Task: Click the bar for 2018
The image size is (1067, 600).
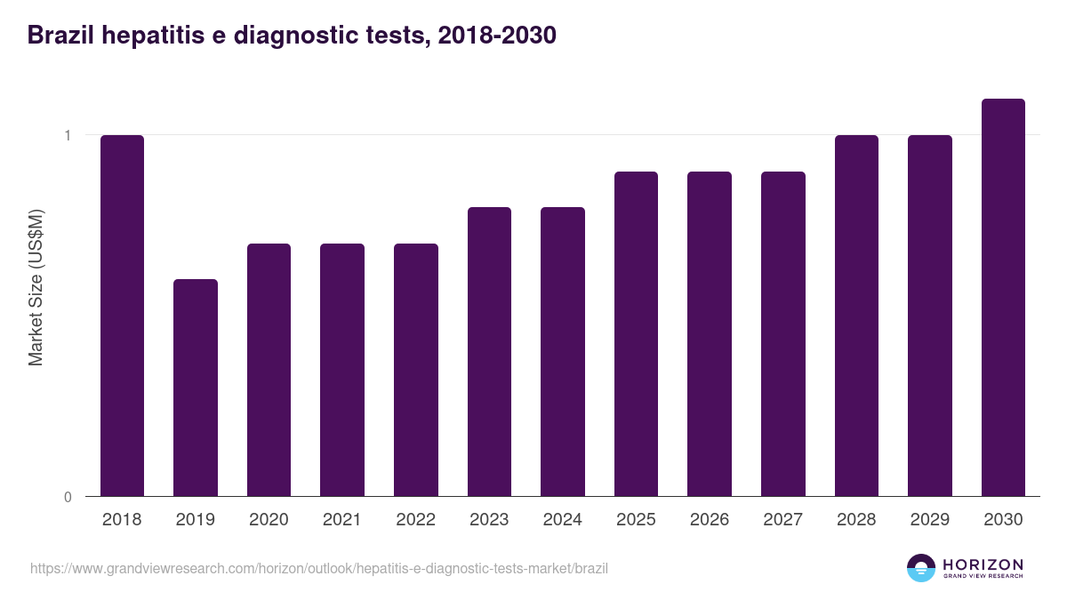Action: click(x=122, y=316)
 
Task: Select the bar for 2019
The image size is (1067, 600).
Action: click(x=196, y=388)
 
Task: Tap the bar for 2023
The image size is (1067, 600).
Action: click(x=489, y=351)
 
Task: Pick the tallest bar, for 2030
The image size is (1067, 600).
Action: click(x=1003, y=297)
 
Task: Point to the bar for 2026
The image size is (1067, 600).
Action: click(x=710, y=333)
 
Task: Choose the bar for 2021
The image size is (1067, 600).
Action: click(x=342, y=370)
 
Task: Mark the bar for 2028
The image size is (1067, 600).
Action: click(x=856, y=316)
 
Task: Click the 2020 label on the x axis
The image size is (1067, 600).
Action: click(x=269, y=520)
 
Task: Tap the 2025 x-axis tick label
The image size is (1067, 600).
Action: click(x=636, y=520)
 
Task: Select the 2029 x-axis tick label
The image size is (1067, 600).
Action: click(x=929, y=520)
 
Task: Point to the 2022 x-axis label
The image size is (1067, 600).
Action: click(x=415, y=520)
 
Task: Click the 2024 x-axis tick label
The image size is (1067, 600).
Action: click(x=562, y=520)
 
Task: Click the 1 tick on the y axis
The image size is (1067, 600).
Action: click(x=67, y=135)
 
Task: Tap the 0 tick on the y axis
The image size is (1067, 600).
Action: click(x=68, y=497)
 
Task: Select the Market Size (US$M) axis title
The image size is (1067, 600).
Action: click(x=36, y=287)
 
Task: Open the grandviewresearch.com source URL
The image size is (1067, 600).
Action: click(x=319, y=568)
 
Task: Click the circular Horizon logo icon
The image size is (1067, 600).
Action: click(x=921, y=568)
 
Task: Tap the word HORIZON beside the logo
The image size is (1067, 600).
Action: click(x=983, y=564)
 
